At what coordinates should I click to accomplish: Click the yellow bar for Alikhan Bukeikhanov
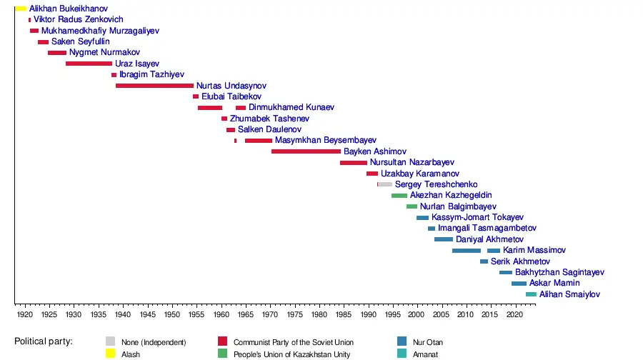coord(20,9)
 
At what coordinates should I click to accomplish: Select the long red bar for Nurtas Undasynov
coord(154,86)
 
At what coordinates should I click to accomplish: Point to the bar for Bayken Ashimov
coord(306,151)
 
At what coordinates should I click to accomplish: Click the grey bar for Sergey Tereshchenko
coord(385,184)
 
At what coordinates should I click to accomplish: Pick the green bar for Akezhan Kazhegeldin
coord(399,196)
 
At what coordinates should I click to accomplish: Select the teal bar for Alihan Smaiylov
coord(531,294)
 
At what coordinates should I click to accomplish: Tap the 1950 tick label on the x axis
coord(171,314)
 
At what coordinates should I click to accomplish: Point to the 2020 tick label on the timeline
coord(514,314)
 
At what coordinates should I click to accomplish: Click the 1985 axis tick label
coord(343,314)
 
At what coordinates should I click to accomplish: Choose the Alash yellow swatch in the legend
coord(111,354)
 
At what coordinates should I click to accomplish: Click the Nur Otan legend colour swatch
coord(402,341)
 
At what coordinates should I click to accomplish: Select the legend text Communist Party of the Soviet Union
coord(294,342)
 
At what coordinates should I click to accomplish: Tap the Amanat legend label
coord(425,354)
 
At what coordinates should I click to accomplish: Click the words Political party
coord(44,341)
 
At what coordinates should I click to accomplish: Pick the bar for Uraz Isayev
coord(89,64)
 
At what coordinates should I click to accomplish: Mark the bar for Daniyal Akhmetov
coord(444,239)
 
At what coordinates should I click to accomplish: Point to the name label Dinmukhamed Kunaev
coord(291,108)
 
